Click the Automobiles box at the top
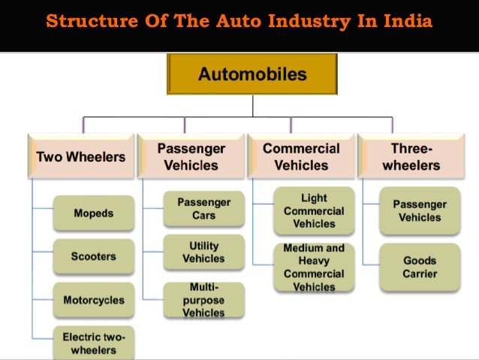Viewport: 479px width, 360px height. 252,74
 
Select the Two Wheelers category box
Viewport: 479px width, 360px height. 81,157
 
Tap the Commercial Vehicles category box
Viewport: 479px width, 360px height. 300,156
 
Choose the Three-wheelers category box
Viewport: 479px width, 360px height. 411,156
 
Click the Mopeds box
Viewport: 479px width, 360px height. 94,213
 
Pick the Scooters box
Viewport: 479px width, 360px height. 94,256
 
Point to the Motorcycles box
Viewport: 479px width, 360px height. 94,300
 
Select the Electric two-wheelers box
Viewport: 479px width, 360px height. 94,343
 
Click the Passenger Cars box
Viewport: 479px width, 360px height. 203,208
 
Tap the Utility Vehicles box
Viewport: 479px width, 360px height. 203,253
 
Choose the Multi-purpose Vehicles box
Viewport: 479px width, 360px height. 203,300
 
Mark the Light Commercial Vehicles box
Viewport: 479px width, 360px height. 314,210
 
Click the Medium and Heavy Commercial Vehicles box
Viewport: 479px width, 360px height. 314,267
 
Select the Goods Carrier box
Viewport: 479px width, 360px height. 420,267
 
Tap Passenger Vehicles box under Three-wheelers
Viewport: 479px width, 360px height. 420,210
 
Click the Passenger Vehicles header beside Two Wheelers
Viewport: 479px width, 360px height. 192,156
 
